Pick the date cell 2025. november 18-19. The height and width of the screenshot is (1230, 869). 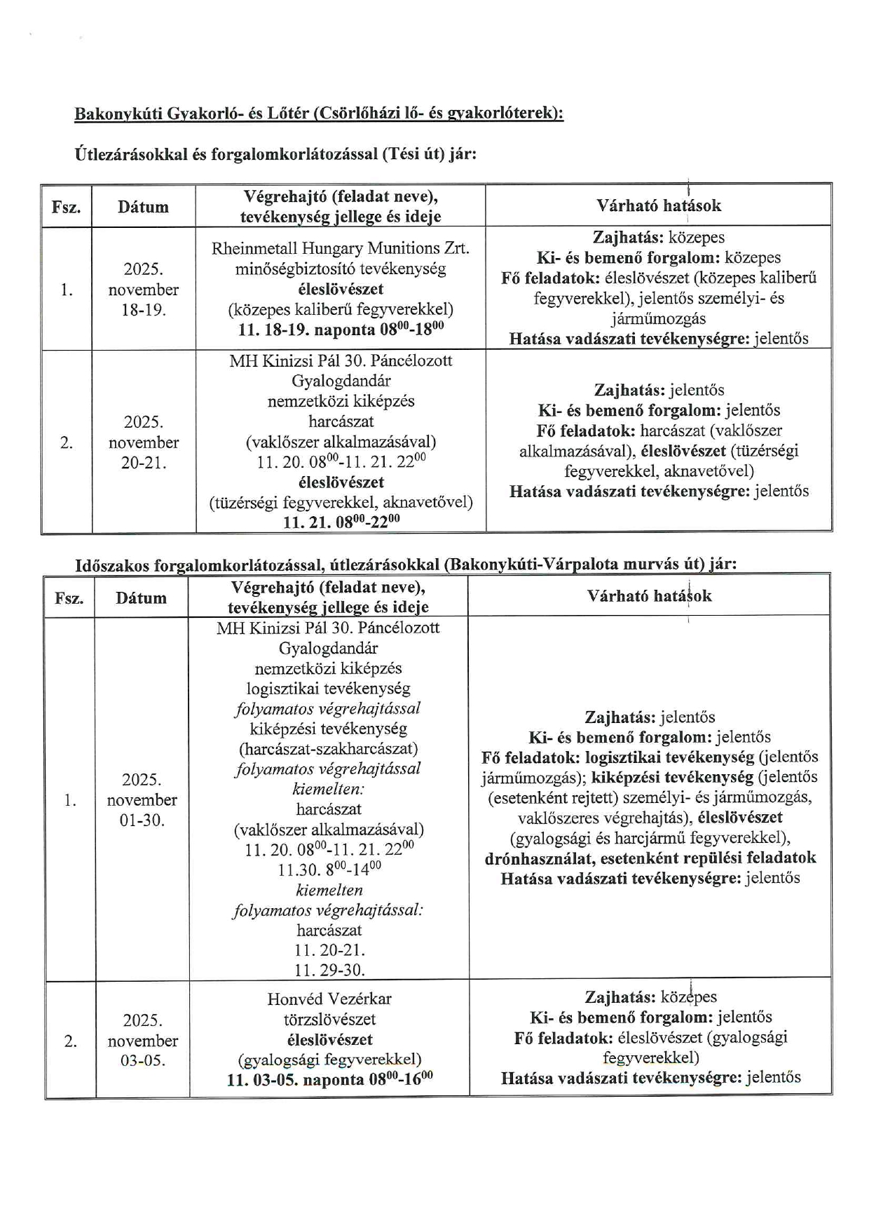coord(144,289)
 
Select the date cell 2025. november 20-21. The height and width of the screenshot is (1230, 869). coord(144,442)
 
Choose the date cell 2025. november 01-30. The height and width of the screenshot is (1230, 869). coord(142,799)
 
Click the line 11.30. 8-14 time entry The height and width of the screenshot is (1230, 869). coord(329,870)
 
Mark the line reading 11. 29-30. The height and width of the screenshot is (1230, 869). coord(329,971)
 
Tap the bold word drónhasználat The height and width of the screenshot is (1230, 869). coord(538,858)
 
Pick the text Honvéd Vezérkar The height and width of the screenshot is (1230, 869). coord(329,999)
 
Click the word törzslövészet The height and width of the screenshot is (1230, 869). coord(329,1019)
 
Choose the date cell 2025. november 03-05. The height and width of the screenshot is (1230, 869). coord(143,1040)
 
